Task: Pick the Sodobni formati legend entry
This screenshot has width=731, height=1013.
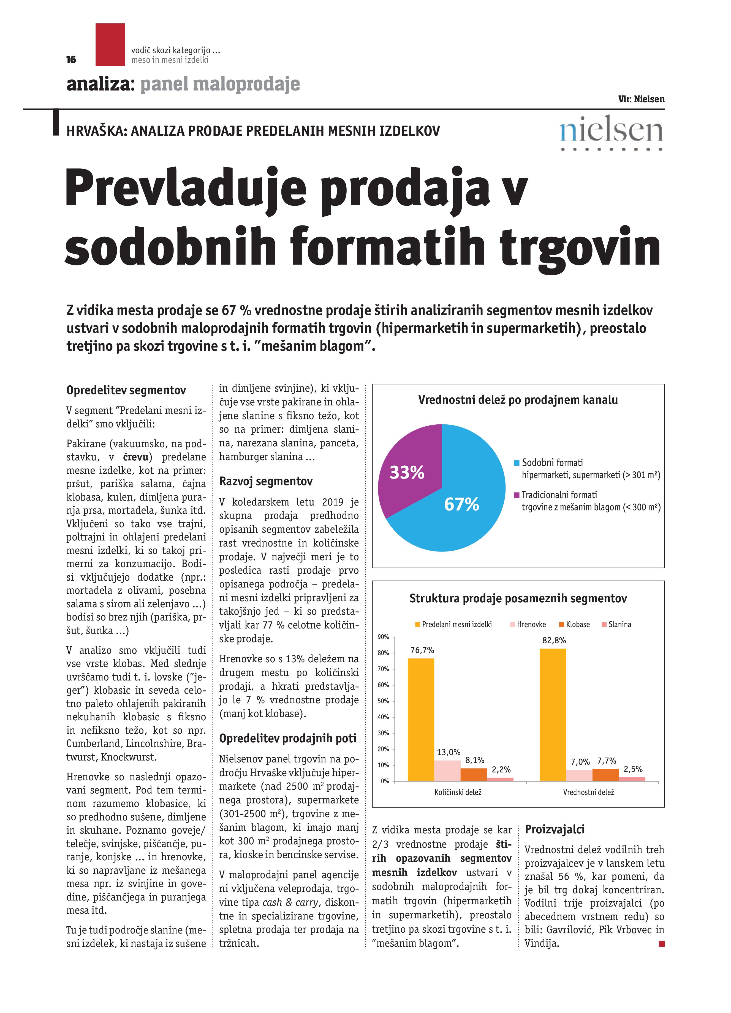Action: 552,463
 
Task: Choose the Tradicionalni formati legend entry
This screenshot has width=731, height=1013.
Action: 559,495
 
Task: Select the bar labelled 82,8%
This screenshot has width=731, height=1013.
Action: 553,715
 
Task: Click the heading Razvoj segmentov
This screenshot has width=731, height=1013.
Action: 266,482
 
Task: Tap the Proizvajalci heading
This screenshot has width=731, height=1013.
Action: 555,830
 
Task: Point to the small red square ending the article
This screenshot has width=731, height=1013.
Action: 662,943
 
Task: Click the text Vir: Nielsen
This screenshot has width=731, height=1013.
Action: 641,99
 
